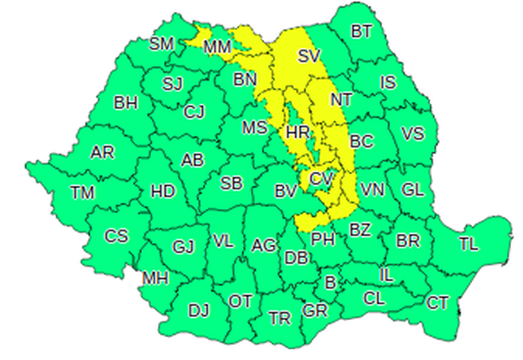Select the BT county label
361,31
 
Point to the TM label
82,193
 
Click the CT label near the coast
437,303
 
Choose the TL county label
468,245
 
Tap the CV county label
321,178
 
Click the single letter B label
330,283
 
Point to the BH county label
126,103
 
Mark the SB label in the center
231,184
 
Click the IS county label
388,82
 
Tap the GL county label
413,189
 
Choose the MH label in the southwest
156,278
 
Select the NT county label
341,100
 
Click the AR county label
102,153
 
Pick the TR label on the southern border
280,319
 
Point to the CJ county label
194,112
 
